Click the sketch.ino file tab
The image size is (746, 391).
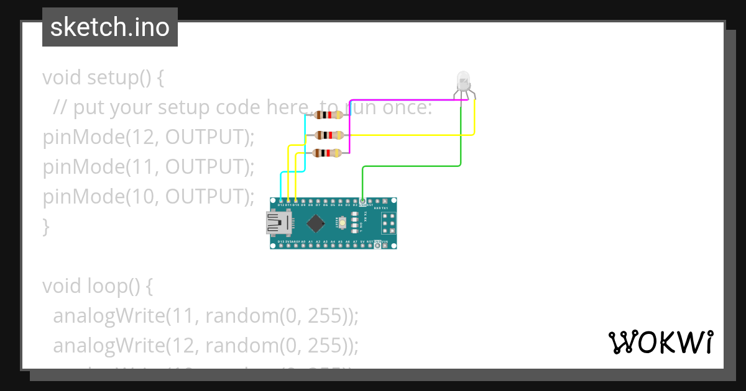click(110, 27)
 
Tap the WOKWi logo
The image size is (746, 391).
click(660, 342)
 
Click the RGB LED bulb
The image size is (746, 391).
click(463, 81)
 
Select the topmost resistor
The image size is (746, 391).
click(328, 115)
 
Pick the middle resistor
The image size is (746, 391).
click(328, 135)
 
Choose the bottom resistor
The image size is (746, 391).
click(328, 153)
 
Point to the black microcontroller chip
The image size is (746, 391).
click(317, 223)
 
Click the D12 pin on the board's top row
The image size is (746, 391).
click(281, 202)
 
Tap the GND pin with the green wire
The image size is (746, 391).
click(362, 202)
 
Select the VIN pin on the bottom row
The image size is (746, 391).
click(385, 245)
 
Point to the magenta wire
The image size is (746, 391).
click(404, 100)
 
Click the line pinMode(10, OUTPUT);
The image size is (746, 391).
click(149, 197)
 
